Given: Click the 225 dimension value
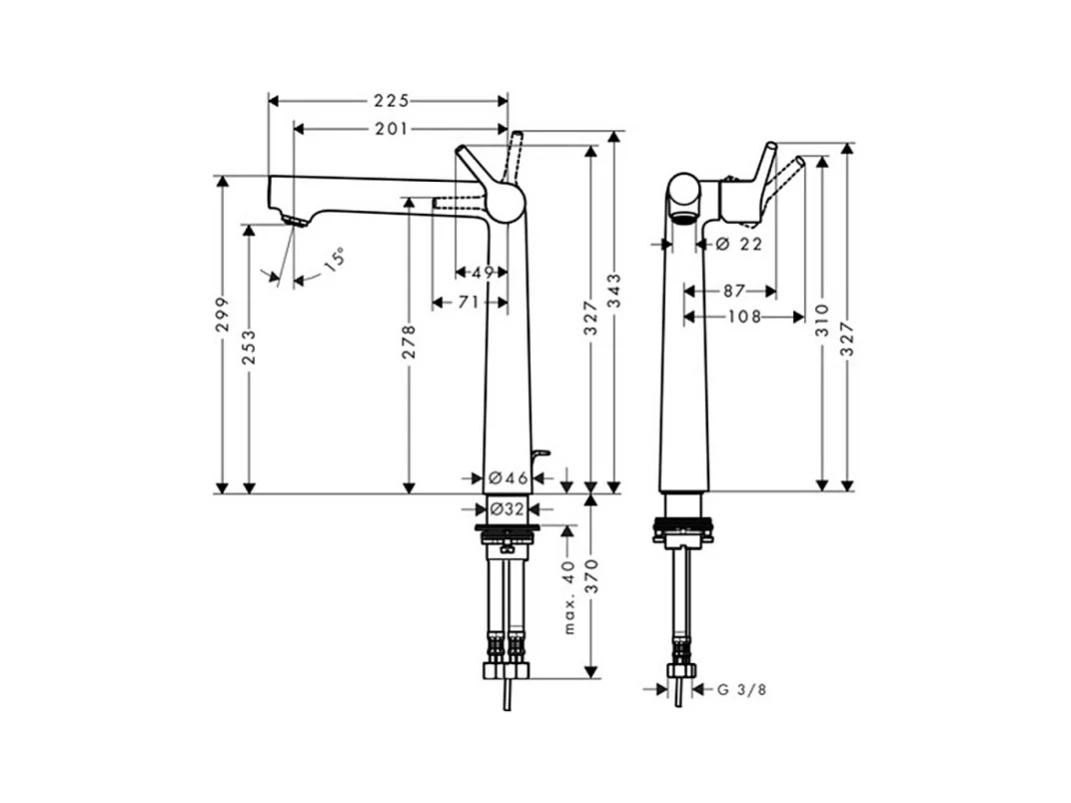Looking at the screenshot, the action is pos(392,101).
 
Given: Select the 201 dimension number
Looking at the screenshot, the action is pos(392,128).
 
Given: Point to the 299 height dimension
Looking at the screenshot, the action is pos(223,313).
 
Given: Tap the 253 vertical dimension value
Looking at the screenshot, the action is pos(250,347).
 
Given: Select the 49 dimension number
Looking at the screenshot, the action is pos(483,272).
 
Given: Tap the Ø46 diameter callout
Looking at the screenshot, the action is pos(508,478).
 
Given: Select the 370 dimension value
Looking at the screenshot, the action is pos(591,578).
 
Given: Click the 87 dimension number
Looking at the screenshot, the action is pos(733,292).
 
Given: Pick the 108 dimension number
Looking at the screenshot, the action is pos(744,317).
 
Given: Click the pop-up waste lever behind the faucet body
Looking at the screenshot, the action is pos(539,458).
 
